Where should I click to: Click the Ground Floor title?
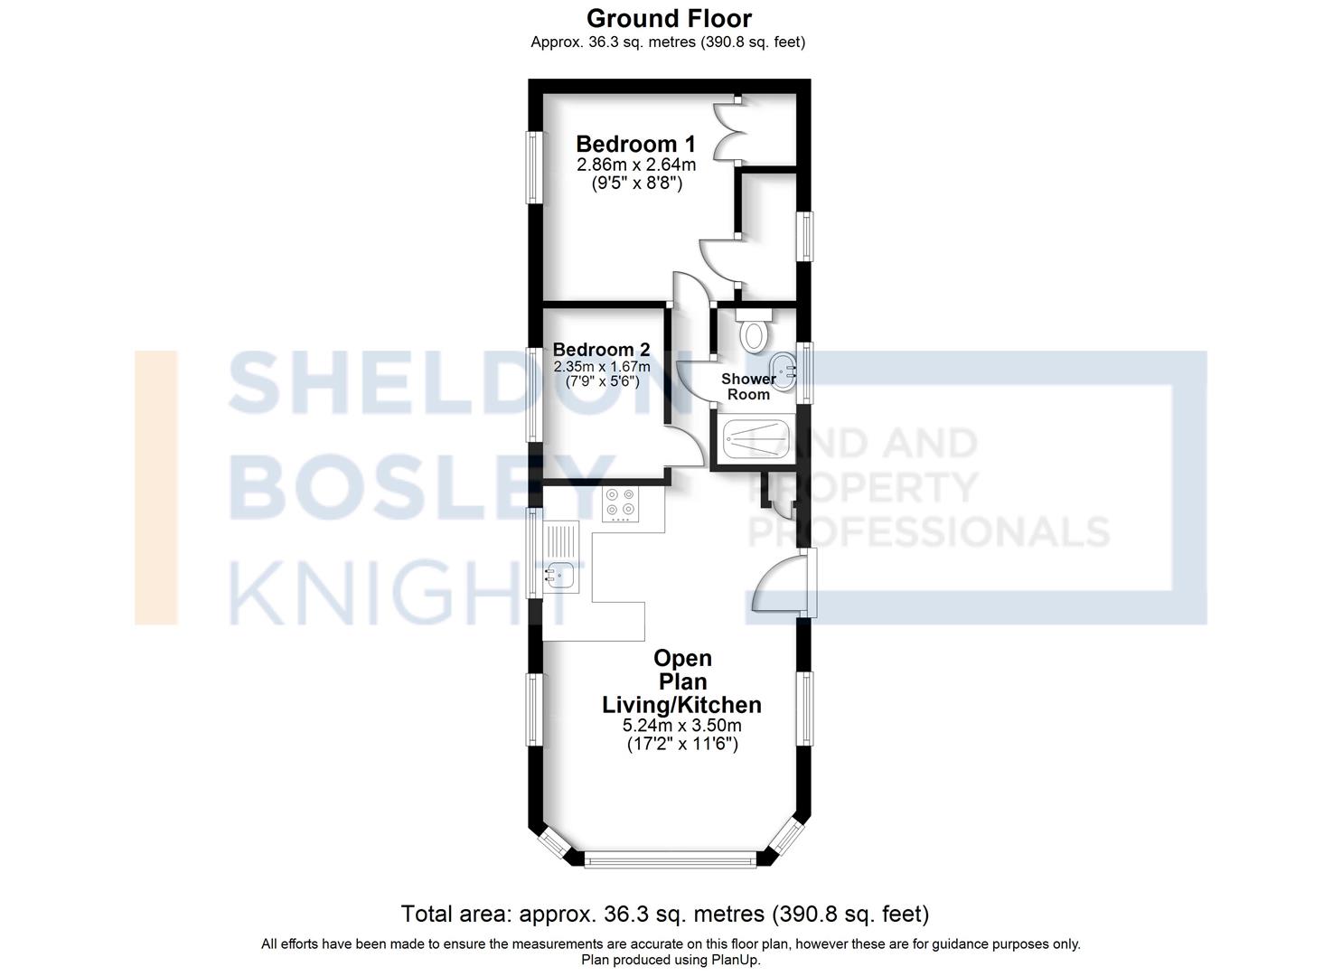coord(669,19)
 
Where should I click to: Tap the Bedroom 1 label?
coord(636,144)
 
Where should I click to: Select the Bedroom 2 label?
coord(601,350)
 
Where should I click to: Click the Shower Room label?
coord(748,387)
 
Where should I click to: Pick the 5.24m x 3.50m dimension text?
coord(682,726)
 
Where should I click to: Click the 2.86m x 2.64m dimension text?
coord(636,164)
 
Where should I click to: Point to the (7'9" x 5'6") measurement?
coord(602,381)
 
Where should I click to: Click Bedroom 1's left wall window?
coord(535,167)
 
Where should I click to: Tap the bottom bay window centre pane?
coord(670,860)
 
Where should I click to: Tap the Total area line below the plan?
coord(664,914)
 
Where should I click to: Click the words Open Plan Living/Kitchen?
coord(682,681)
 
